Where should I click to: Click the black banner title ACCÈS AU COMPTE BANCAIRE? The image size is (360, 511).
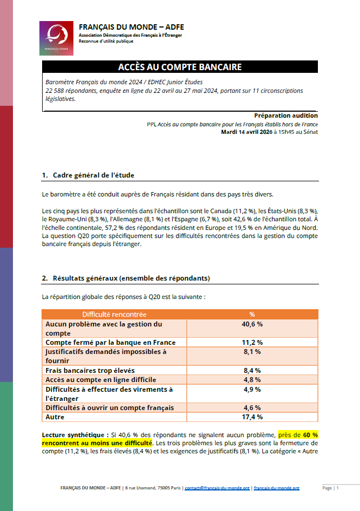point(180,67)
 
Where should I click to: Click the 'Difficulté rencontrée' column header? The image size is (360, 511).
point(114,314)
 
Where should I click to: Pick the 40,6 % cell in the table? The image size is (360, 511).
point(252,324)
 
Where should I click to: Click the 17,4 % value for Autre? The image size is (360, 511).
point(252,417)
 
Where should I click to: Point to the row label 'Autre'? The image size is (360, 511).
point(55,417)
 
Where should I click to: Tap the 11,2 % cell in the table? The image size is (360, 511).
point(252,343)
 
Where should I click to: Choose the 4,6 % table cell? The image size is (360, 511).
point(252,408)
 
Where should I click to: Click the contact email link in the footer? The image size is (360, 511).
point(217,488)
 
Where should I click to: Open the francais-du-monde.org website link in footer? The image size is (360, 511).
point(276,488)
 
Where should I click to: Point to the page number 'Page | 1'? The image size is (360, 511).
point(330,488)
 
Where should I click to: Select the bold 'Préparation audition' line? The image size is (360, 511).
point(286,115)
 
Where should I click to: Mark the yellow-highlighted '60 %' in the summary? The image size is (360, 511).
point(310,434)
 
